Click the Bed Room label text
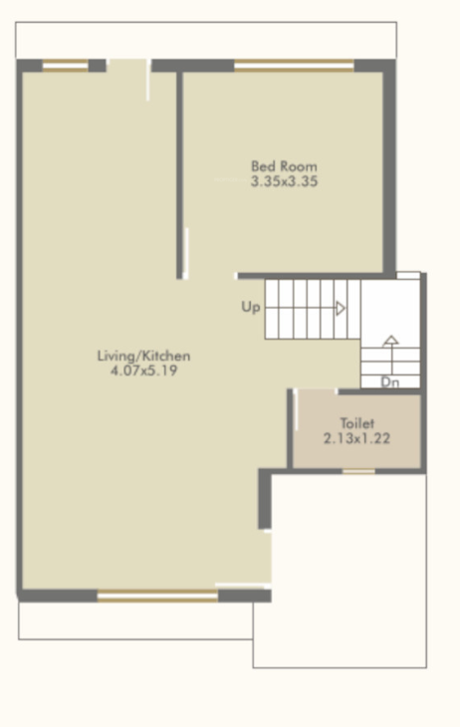pyautogui.click(x=284, y=166)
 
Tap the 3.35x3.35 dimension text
pyautogui.click(x=284, y=182)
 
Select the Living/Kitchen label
pyautogui.click(x=143, y=356)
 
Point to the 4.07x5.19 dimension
pyautogui.click(x=143, y=371)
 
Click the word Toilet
pyautogui.click(x=356, y=423)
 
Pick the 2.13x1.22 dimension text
pyautogui.click(x=356, y=438)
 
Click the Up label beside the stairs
pyautogui.click(x=250, y=308)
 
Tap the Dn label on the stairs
pyautogui.click(x=389, y=381)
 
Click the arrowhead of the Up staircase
pyautogui.click(x=341, y=309)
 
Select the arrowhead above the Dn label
pyautogui.click(x=390, y=341)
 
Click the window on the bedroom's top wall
pyautogui.click(x=294, y=67)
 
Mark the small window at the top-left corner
pyautogui.click(x=65, y=67)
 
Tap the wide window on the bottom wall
pyautogui.click(x=157, y=597)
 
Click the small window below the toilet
pyautogui.click(x=358, y=470)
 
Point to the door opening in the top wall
pyautogui.click(x=127, y=66)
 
